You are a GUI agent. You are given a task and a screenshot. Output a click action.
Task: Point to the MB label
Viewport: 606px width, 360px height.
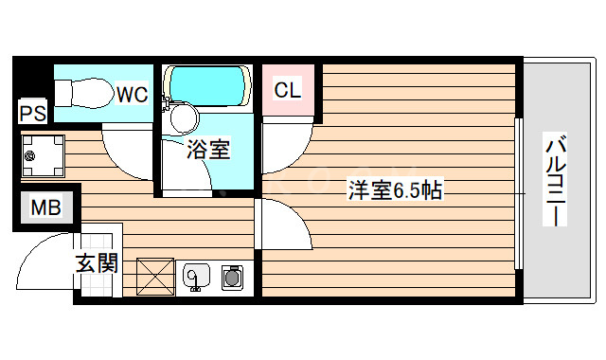click(42, 207)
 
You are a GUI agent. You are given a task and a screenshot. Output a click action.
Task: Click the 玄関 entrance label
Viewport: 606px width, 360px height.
click(97, 262)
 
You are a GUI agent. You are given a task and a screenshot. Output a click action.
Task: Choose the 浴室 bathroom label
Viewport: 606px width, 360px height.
click(207, 150)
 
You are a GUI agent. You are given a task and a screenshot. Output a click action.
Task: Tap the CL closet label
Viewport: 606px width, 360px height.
click(287, 91)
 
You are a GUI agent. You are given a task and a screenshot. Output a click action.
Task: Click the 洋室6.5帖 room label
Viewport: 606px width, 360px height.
click(393, 189)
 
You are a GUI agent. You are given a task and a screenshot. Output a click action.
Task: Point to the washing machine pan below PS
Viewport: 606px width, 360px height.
click(42, 156)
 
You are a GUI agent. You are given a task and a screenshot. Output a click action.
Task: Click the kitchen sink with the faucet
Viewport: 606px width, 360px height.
click(197, 276)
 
